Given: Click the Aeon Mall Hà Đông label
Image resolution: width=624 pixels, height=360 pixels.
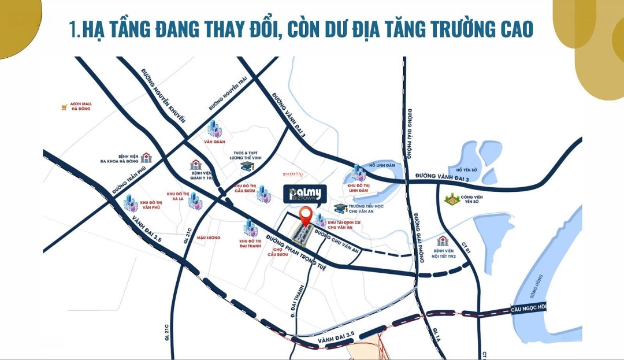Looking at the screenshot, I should click(x=81, y=107).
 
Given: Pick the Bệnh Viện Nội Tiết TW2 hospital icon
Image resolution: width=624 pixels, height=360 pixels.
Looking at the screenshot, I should click(x=443, y=241).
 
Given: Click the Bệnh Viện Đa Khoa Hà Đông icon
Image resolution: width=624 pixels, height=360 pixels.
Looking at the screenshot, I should click(x=146, y=158).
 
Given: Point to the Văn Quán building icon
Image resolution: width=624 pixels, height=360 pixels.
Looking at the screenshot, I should click(x=214, y=128).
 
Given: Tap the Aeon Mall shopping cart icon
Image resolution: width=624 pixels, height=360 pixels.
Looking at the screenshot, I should click(x=64, y=107).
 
